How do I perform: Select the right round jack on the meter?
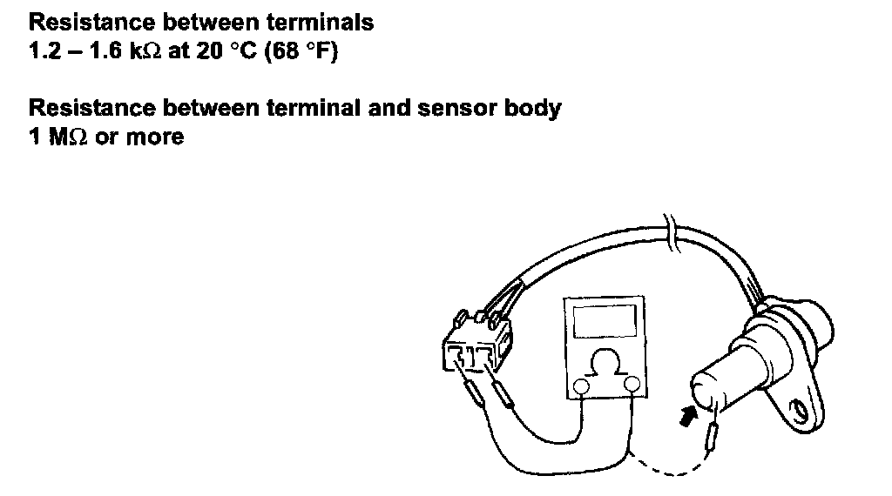[x=632, y=385]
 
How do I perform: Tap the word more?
[x=155, y=137]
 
